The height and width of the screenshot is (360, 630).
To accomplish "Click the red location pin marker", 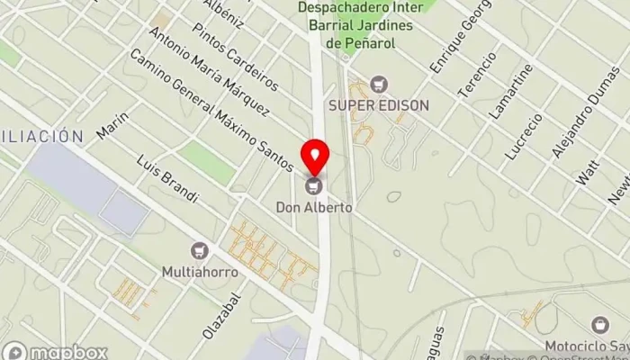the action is coord(315,157).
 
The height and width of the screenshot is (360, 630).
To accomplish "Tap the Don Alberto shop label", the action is coord(315,207).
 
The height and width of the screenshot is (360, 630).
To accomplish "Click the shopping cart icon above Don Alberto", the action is coord(315,187).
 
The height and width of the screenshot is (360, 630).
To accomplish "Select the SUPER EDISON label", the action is coord(379,105).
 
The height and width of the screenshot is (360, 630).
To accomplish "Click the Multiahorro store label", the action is coord(200,269).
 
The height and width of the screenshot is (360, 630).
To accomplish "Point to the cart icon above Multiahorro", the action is coord(200,249).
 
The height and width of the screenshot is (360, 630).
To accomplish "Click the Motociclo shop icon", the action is coord(599,325).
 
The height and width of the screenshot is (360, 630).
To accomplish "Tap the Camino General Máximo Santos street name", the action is coord(212,110).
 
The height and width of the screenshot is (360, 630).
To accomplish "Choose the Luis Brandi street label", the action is coord(167,179).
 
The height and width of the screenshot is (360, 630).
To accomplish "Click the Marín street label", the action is coord(109,127).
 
